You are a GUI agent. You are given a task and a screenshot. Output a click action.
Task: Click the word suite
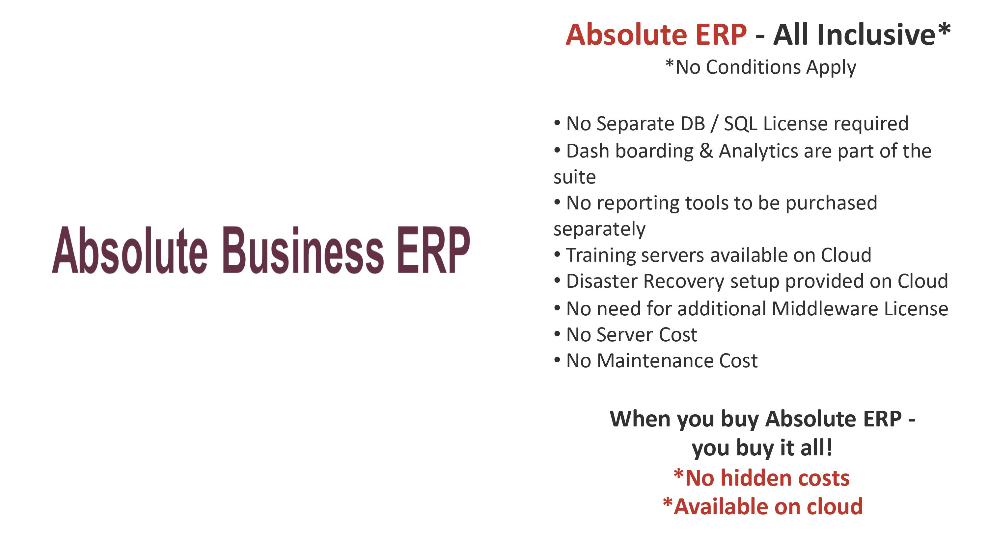click(x=575, y=177)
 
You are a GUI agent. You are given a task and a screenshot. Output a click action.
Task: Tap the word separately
click(x=599, y=229)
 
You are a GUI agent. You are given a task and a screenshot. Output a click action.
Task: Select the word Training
click(x=601, y=255)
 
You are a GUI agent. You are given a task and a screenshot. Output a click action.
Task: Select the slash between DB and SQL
click(x=714, y=124)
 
